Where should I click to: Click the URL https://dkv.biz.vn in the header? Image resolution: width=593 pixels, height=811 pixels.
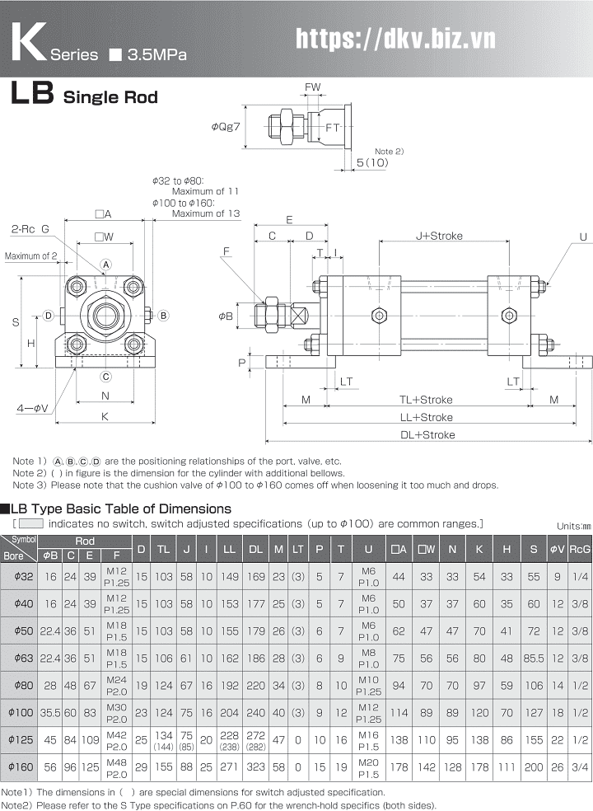(x=395, y=37)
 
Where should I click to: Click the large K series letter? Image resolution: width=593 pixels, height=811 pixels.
(x=27, y=41)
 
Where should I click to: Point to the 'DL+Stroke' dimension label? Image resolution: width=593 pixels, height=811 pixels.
(x=427, y=434)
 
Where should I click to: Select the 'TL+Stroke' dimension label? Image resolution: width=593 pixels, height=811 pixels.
(x=426, y=400)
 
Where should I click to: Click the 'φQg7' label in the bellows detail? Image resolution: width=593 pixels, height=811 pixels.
(x=225, y=126)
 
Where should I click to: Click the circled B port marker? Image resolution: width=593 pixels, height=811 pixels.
(x=163, y=315)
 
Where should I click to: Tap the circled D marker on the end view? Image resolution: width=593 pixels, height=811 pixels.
(x=49, y=315)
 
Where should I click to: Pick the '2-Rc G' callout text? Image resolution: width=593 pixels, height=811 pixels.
(x=30, y=228)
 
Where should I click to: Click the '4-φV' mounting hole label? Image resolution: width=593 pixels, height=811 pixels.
(x=33, y=408)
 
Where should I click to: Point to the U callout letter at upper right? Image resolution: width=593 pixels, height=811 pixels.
(x=583, y=237)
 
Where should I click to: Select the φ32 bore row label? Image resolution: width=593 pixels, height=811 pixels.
(x=21, y=576)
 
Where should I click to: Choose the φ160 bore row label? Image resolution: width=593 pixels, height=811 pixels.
(x=21, y=767)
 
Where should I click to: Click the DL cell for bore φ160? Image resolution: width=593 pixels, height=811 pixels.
(x=256, y=767)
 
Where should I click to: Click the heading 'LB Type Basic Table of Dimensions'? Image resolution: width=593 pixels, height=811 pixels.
(x=120, y=509)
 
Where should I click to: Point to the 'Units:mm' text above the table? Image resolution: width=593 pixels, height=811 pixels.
(x=573, y=526)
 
